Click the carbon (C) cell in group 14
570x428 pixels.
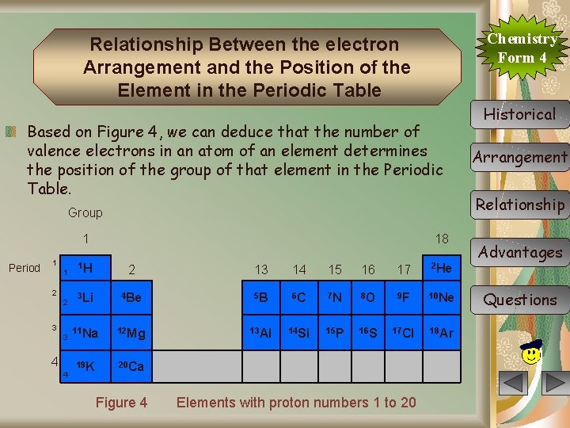pyautogui.click(x=297, y=298)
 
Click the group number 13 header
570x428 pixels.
pyautogui.click(x=260, y=270)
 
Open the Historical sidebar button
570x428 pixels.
pyautogui.click(x=519, y=114)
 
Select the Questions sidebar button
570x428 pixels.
pyautogui.click(x=519, y=300)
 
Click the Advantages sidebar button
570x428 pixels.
pyautogui.click(x=519, y=253)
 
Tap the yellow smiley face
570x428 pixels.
pyautogui.click(x=532, y=350)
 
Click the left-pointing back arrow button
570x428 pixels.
pyautogui.click(x=515, y=384)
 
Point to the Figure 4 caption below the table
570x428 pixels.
pyautogui.click(x=121, y=403)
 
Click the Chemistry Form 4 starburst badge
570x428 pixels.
pyautogui.click(x=522, y=48)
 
